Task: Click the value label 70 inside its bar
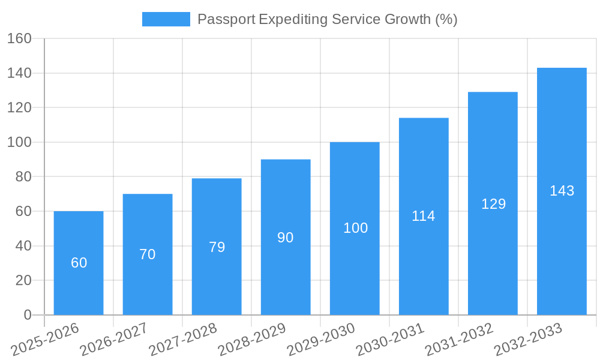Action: point(148,254)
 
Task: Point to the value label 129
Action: point(493,204)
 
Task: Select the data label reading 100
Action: point(355,228)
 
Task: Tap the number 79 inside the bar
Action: point(217,247)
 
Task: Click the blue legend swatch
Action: point(166,19)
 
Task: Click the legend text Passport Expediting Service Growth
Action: point(327,19)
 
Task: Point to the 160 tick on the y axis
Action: point(19,38)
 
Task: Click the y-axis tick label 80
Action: point(23,177)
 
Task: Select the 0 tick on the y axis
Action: point(27,315)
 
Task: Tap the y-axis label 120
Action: point(19,107)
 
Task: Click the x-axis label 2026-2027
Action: point(114,340)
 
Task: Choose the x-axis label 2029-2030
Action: point(321,340)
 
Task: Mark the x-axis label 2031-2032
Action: point(459,340)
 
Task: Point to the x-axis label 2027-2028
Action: point(183,340)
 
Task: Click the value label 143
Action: point(562,191)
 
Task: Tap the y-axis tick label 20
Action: point(23,280)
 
